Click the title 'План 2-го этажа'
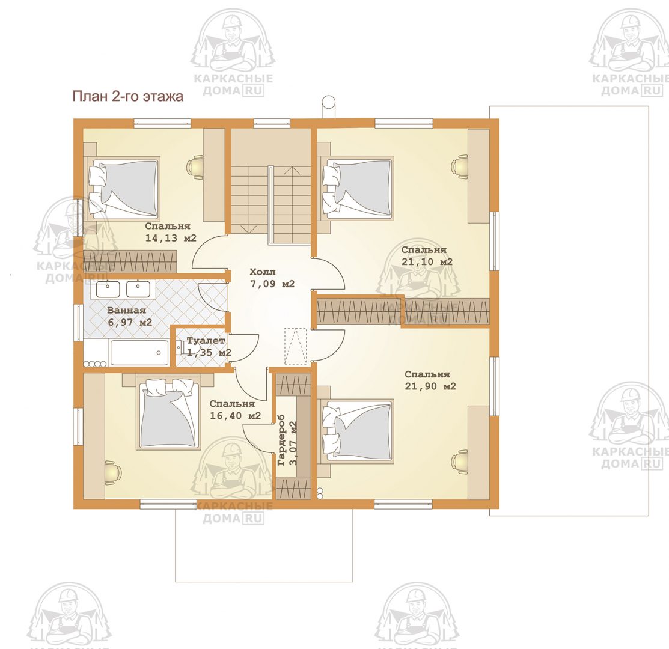(127, 96)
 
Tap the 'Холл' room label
(263, 272)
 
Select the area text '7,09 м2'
(272, 284)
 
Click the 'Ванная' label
(126, 311)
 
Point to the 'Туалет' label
(206, 341)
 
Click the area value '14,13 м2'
(171, 238)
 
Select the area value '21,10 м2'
(427, 262)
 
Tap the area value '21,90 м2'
(430, 386)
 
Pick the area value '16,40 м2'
(235, 416)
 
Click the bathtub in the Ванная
(139, 353)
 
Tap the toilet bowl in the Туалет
(179, 348)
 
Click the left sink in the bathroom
(108, 289)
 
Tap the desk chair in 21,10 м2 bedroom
(460, 165)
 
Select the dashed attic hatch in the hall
(296, 346)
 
